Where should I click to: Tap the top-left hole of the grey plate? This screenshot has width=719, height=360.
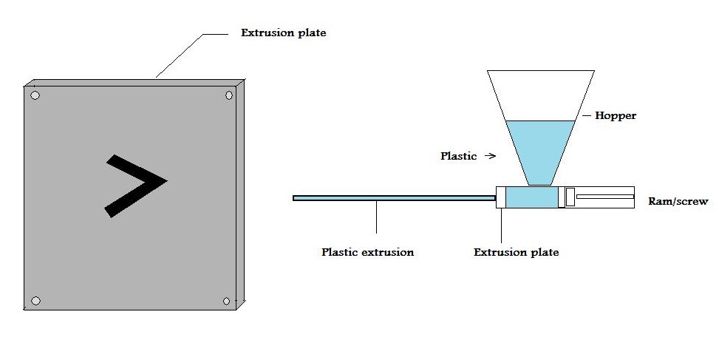(35, 95)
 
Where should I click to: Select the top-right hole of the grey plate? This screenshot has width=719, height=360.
(228, 95)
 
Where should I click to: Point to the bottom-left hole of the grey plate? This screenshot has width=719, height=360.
(35, 301)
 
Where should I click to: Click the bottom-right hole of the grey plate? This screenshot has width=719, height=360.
(227, 301)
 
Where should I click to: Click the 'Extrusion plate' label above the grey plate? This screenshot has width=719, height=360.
(284, 33)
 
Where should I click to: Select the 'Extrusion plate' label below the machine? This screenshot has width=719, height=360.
(516, 252)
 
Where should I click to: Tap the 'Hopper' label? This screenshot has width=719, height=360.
(615, 116)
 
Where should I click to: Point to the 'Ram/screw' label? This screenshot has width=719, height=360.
(678, 201)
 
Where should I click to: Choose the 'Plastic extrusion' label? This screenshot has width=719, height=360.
(367, 252)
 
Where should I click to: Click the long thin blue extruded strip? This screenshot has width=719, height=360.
(392, 197)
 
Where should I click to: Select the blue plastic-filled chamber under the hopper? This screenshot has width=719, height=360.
(532, 197)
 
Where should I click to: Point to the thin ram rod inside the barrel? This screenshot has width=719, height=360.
(604, 197)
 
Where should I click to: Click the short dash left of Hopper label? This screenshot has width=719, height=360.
(586, 116)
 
